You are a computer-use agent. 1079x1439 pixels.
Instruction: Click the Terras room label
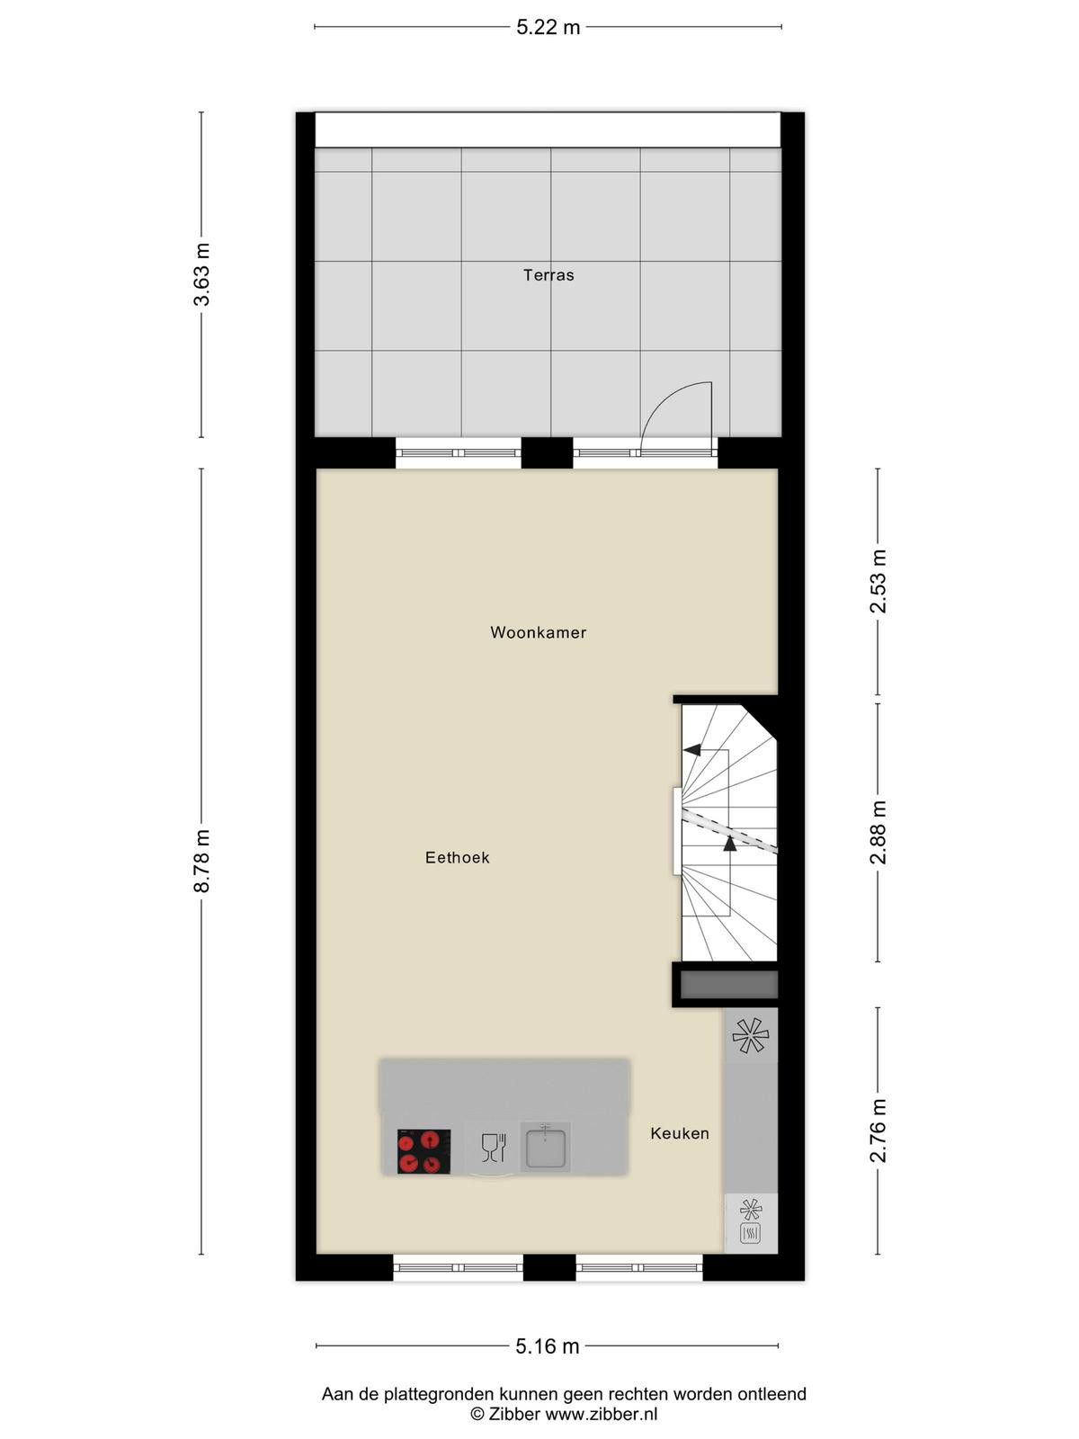[548, 275]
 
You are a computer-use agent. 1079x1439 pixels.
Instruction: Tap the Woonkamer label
[538, 632]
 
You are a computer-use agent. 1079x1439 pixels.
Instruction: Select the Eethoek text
[458, 857]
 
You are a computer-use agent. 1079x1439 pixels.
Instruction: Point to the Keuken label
[680, 1133]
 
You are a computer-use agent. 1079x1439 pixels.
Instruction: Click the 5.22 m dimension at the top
[548, 27]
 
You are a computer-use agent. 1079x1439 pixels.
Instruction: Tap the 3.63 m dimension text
[201, 274]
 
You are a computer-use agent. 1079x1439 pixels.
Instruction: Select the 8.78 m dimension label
[201, 861]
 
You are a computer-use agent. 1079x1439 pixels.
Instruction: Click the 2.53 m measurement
[878, 582]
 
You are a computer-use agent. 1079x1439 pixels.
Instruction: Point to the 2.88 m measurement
[878, 833]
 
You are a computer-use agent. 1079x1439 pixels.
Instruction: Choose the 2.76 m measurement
[878, 1131]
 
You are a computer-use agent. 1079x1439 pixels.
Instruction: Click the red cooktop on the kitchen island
[424, 1152]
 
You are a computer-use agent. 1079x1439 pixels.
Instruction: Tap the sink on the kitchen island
[545, 1148]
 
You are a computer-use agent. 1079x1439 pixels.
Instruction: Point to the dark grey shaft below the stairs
[728, 985]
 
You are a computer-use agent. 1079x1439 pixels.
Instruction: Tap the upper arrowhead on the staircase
[691, 749]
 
